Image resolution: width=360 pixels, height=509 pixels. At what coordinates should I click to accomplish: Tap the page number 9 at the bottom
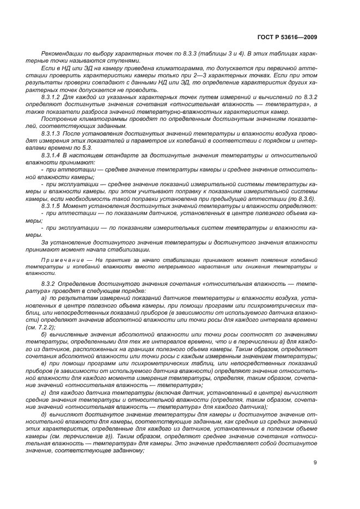point(315,463)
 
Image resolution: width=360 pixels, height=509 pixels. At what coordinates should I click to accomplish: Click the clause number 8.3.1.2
point(52,96)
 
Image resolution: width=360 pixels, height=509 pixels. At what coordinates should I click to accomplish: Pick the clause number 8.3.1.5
point(52,206)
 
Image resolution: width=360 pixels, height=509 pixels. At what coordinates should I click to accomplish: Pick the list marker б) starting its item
point(44,335)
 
